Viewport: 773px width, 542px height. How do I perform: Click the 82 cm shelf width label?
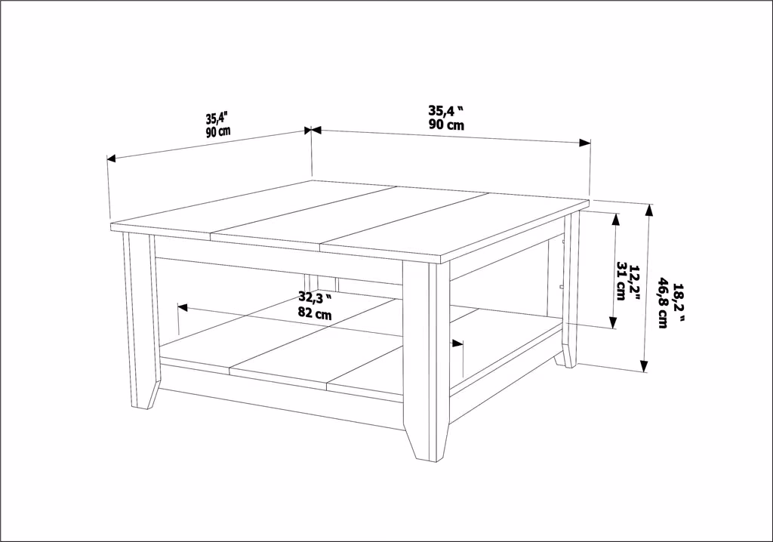pos(315,313)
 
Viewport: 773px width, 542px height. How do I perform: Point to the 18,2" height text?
pos(679,303)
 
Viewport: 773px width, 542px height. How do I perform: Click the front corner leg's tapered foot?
pos(426,442)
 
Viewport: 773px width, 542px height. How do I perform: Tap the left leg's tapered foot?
pos(146,394)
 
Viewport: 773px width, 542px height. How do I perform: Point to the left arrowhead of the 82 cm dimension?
pos(182,307)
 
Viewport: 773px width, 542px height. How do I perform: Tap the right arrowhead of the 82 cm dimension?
pos(458,343)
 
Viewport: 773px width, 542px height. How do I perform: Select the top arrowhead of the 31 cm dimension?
pos(615,220)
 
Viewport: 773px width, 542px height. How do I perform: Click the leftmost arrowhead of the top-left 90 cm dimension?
pos(112,159)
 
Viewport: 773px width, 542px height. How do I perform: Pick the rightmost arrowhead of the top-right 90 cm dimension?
pos(585,143)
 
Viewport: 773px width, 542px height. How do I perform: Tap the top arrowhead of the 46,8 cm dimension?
pos(649,210)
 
